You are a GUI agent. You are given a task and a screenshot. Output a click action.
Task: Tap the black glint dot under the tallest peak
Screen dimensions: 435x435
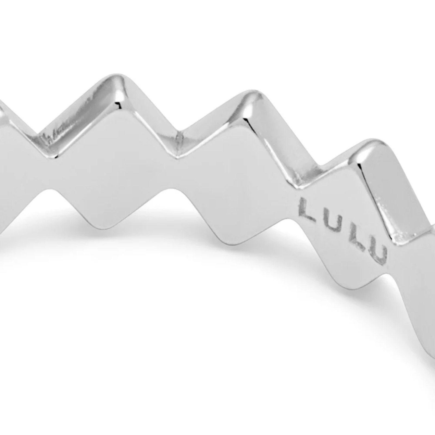[x=117, y=104]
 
